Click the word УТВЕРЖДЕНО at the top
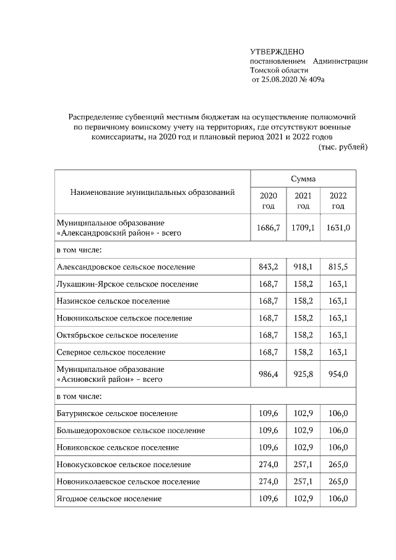point(277,51)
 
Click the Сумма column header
point(303,178)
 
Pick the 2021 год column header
point(303,200)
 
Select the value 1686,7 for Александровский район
point(268,228)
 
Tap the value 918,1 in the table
point(303,267)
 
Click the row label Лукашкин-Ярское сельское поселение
point(127,284)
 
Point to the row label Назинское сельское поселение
point(113,301)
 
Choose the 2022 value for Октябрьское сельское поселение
point(338,335)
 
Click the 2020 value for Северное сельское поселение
point(268,352)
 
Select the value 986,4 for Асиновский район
point(268,374)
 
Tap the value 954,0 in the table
point(338,374)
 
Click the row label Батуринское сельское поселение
point(117,413)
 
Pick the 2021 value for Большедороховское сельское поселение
point(303,430)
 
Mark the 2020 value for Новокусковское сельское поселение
point(268,464)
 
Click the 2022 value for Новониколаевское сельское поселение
point(338,481)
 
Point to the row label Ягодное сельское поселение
point(109,498)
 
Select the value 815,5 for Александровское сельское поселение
point(338,267)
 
